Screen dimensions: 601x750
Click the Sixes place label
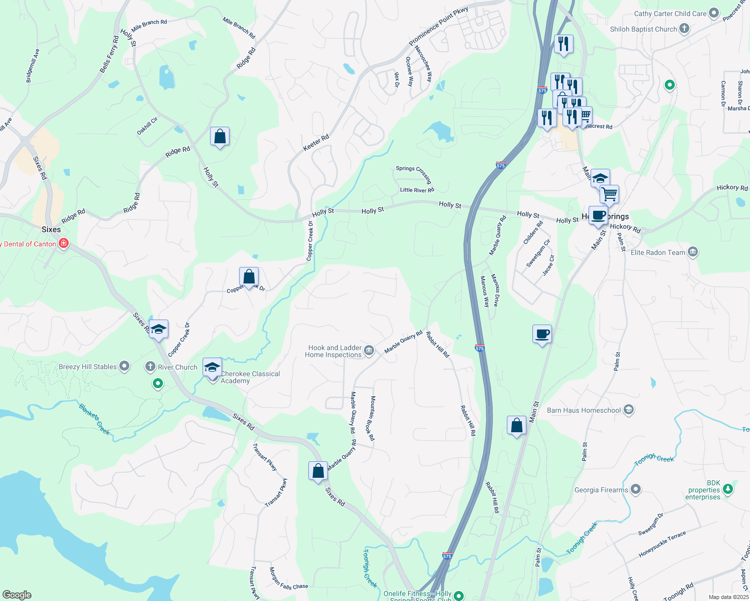coord(51,229)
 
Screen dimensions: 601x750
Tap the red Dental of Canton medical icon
coord(63,244)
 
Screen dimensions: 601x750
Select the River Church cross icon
coord(150,367)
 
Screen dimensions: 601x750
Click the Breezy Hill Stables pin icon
coord(124,367)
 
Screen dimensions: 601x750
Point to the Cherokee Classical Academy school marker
coord(212,368)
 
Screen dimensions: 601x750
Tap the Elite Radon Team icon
coord(693,252)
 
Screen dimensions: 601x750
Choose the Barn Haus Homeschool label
coord(584,410)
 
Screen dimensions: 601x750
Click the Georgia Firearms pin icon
coord(636,489)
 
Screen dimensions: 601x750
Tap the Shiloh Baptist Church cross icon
coord(684,29)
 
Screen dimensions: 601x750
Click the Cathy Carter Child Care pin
coord(714,14)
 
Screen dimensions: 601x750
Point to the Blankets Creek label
coord(95,419)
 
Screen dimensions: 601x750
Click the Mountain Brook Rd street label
coord(372,418)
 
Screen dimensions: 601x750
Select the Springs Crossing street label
coord(414,173)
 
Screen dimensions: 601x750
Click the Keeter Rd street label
coord(316,143)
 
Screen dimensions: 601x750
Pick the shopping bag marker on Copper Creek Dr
coord(249,276)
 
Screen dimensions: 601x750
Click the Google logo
coord(17,594)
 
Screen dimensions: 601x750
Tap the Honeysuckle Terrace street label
coord(662,544)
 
